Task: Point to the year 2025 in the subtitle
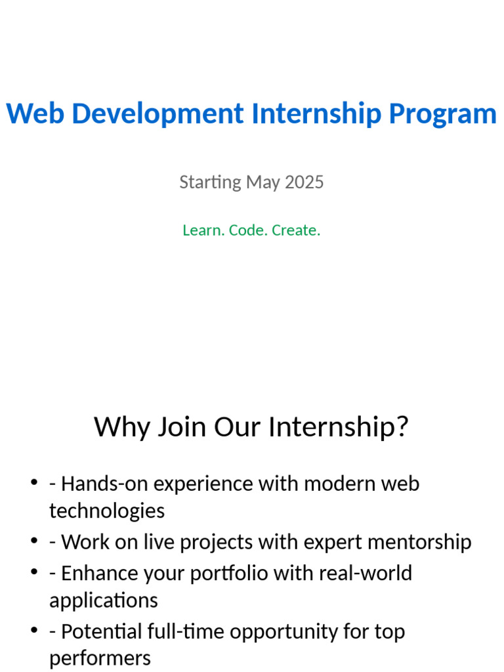304,182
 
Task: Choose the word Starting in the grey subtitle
210,182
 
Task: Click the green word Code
246,230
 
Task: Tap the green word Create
296,230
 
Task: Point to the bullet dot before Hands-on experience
34,484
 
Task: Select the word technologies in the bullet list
107,511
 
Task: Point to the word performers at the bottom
100,658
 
